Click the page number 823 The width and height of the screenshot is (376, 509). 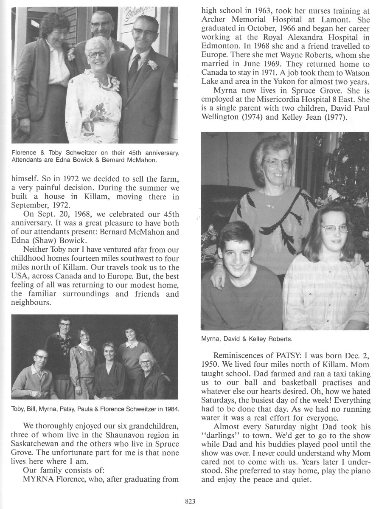[190, 501]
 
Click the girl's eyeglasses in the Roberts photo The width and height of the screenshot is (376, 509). [334, 229]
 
